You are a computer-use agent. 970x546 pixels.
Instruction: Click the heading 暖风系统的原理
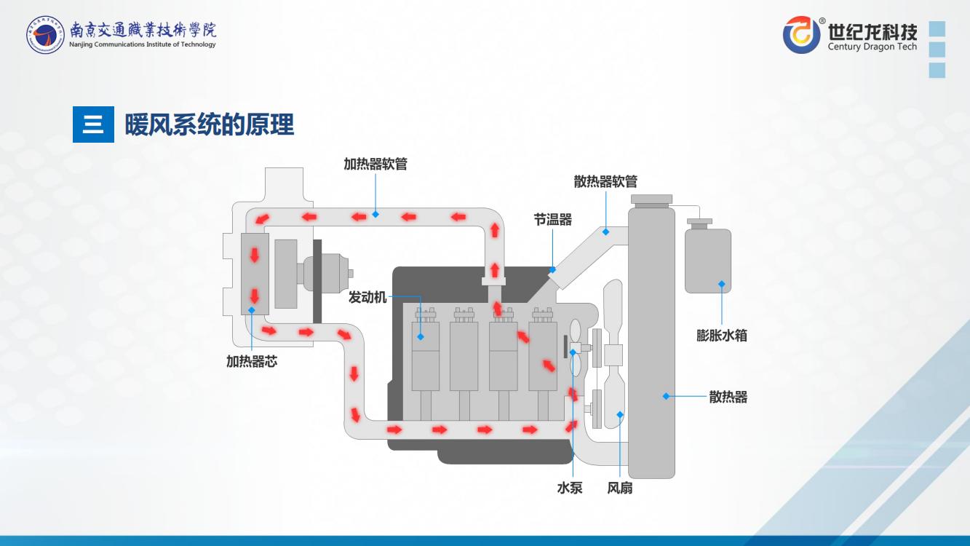[210, 124]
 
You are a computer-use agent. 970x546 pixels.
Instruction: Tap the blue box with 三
[93, 124]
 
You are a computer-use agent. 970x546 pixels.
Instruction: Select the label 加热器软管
[375, 164]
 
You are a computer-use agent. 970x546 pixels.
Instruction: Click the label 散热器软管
[605, 181]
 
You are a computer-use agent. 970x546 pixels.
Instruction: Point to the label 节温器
[552, 219]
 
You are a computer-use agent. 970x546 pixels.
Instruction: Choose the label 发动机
[367, 297]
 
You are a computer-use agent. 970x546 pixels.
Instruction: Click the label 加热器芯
[252, 361]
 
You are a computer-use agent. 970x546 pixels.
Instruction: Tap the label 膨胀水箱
[721, 336]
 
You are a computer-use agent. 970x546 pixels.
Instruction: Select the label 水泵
[570, 488]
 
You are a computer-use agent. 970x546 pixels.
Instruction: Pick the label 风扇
[620, 488]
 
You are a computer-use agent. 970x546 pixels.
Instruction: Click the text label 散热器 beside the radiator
[728, 397]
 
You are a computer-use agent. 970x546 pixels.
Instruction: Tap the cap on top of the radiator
[651, 199]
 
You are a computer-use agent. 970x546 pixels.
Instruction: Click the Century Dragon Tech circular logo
[801, 34]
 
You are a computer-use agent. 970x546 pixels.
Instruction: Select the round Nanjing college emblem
[45, 34]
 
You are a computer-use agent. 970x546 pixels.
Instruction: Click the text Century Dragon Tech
[872, 47]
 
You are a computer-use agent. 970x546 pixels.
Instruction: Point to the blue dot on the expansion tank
[722, 284]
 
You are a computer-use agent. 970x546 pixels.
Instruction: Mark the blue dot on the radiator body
[666, 396]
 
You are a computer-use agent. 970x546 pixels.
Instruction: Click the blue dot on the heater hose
[375, 214]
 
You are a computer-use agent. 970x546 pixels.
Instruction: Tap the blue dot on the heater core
[252, 310]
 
